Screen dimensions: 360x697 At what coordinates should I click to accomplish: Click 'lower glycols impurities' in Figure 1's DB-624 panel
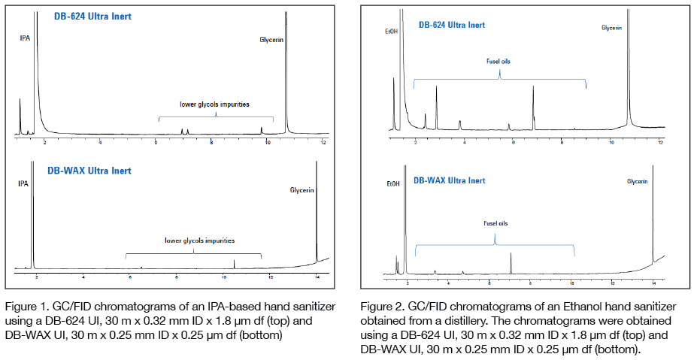[x=214, y=104]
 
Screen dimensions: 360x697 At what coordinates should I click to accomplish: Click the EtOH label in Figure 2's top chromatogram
[x=389, y=31]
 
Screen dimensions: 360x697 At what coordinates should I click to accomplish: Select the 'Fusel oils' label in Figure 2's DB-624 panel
[x=499, y=61]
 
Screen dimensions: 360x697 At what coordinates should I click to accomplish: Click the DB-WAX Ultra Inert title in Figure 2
[x=449, y=180]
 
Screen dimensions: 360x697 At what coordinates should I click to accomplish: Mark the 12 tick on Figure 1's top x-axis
[x=323, y=142]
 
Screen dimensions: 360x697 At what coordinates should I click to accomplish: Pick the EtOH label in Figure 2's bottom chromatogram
[x=392, y=184]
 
